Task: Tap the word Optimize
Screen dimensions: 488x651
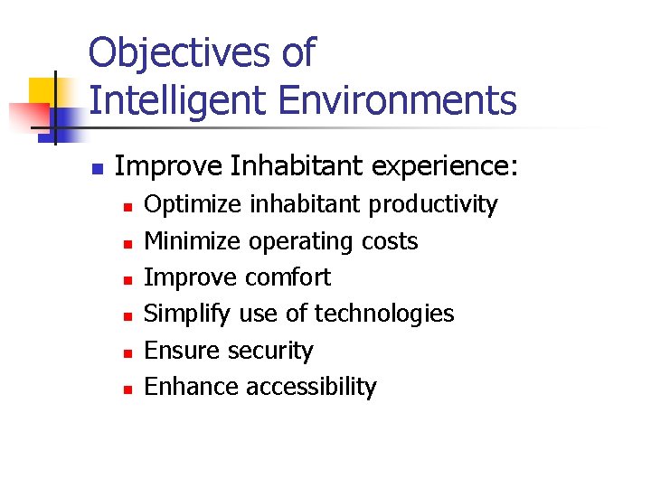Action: tap(193, 205)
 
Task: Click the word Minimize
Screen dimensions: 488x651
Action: tap(193, 241)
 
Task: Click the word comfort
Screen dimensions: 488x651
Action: tap(288, 277)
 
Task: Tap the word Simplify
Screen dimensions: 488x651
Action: tap(188, 314)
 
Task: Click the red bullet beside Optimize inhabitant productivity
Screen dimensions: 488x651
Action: tap(128, 208)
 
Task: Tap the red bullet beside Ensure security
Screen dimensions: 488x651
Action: tap(128, 352)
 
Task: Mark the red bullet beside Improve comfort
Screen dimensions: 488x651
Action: tap(128, 280)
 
